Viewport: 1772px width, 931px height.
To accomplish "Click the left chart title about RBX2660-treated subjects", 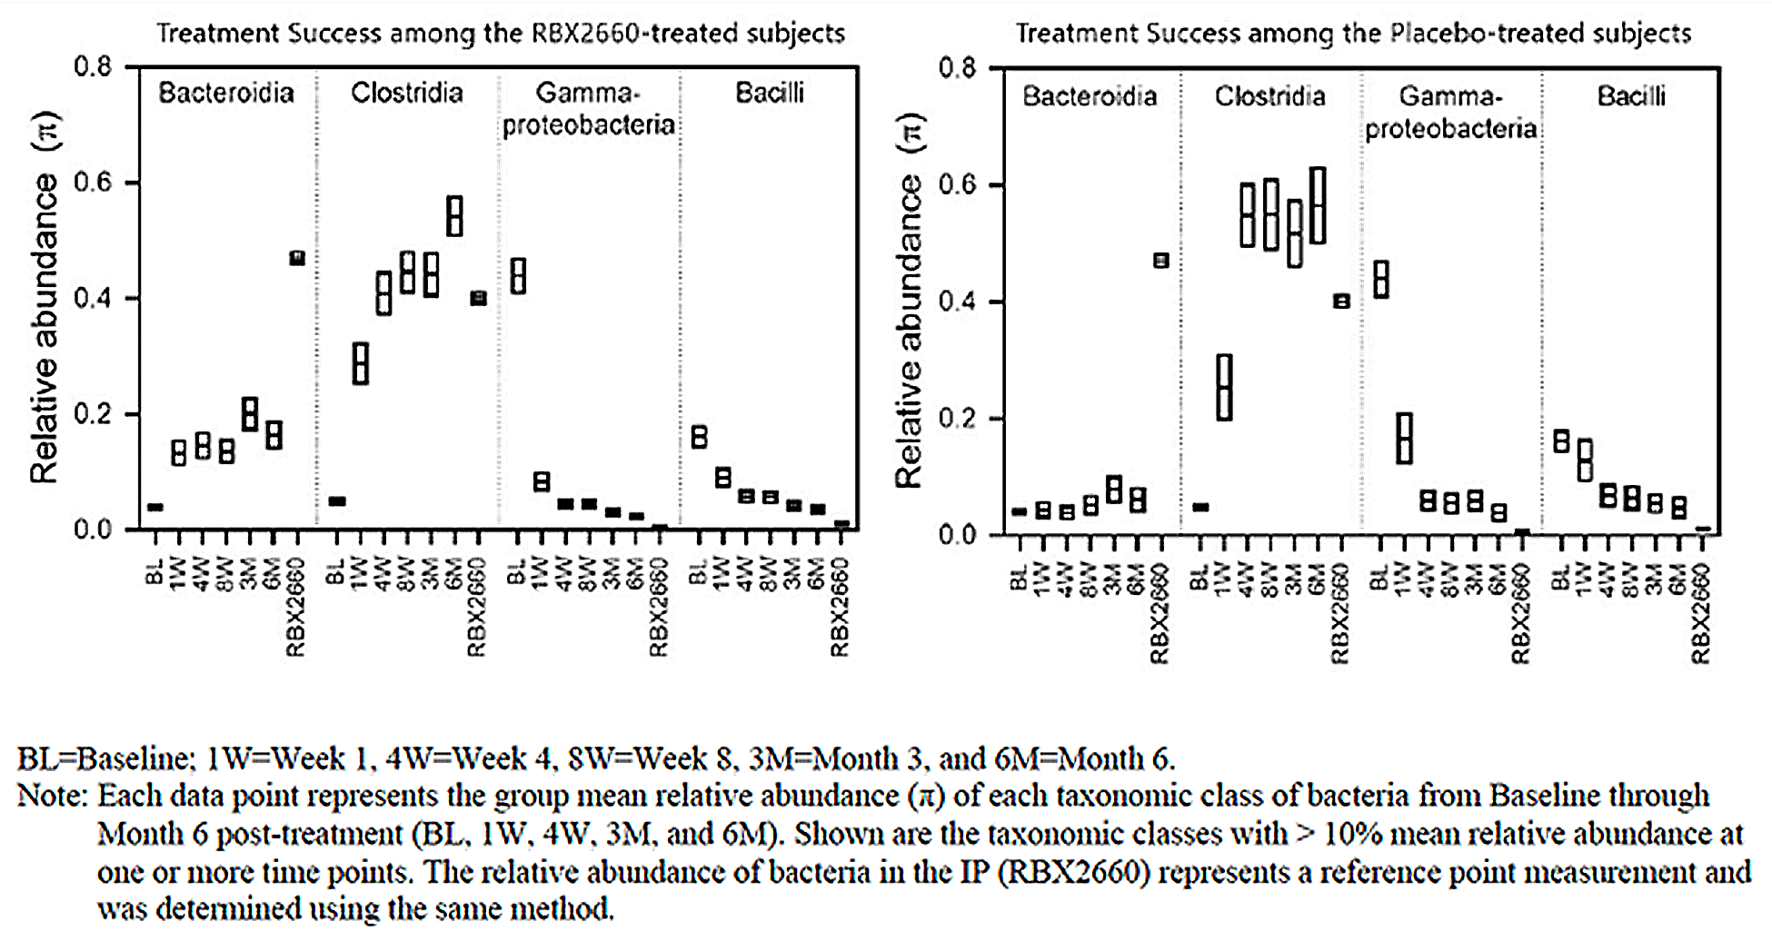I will click(x=501, y=34).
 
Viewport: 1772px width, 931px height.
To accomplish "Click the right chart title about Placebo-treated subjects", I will click(x=1353, y=34).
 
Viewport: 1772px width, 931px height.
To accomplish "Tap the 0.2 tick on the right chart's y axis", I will click(x=957, y=419).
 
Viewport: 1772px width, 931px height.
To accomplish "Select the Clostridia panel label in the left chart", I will click(x=406, y=93).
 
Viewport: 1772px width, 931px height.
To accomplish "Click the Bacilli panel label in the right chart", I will click(x=1631, y=96).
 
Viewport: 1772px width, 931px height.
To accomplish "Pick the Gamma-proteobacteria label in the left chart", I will click(x=588, y=108).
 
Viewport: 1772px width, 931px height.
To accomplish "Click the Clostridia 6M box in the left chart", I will click(x=454, y=216).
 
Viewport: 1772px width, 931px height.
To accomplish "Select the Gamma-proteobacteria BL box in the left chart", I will click(x=517, y=276).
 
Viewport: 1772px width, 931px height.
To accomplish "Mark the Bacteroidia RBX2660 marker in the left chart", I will click(x=296, y=258).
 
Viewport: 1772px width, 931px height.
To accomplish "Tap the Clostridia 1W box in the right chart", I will click(x=1224, y=388).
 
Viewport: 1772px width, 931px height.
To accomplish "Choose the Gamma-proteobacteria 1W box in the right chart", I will click(x=1404, y=439).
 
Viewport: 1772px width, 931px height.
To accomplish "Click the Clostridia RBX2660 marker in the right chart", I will click(x=1340, y=302).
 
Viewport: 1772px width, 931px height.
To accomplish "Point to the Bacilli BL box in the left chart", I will click(x=699, y=437).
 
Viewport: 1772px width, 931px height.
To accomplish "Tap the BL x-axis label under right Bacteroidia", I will click(x=1020, y=578).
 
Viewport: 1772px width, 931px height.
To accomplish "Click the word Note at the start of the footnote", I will click(x=51, y=797).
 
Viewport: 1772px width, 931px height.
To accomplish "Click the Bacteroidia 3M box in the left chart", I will click(x=249, y=414).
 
